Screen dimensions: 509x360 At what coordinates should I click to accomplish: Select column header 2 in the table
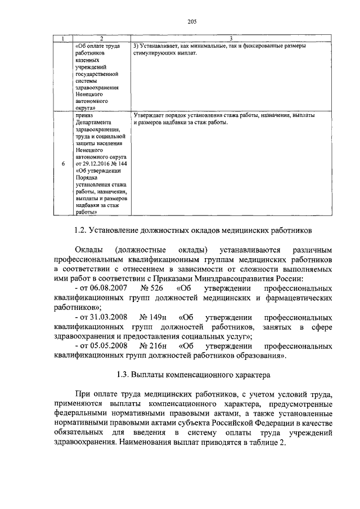[101, 38]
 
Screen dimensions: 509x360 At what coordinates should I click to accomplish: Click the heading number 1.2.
[81, 230]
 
